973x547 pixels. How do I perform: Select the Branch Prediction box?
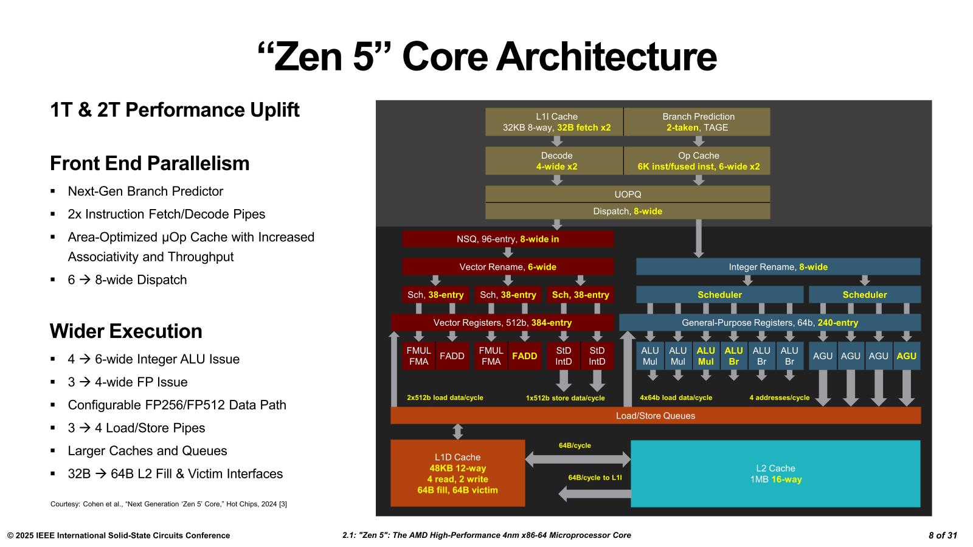pyautogui.click(x=698, y=122)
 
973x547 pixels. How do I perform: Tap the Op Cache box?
pyautogui.click(x=698, y=161)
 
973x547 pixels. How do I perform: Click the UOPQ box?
pyautogui.click(x=628, y=194)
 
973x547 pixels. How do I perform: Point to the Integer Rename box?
pyautogui.click(x=778, y=267)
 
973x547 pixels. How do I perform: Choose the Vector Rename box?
pyautogui.click(x=508, y=267)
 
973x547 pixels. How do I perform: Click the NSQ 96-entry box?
pyautogui.click(x=508, y=239)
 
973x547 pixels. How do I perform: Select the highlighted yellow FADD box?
pyautogui.click(x=524, y=356)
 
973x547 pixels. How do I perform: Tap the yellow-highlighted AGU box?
pyautogui.click(x=906, y=356)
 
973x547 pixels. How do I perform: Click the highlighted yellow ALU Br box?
pyautogui.click(x=733, y=356)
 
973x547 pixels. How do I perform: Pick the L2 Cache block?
pyautogui.click(x=775, y=473)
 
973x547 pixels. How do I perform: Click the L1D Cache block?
pyautogui.click(x=457, y=473)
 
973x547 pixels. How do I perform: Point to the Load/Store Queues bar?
pyautogui.click(x=655, y=416)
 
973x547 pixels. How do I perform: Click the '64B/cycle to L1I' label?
pyautogui.click(x=595, y=478)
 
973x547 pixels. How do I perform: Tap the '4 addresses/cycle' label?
pyautogui.click(x=779, y=397)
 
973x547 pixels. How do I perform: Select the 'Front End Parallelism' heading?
pyautogui.click(x=150, y=163)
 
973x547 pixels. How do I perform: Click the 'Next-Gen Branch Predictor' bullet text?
pyautogui.click(x=145, y=191)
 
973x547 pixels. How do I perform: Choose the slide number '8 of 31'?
pyautogui.click(x=943, y=535)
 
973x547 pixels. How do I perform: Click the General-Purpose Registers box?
pyautogui.click(x=769, y=323)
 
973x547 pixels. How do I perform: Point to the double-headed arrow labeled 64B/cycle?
pyautogui.click(x=578, y=459)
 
